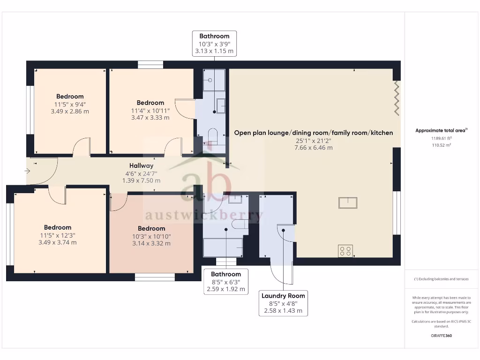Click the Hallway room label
(141, 165)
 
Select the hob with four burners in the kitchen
(345, 251)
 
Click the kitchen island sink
(348, 202)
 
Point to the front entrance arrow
(27, 171)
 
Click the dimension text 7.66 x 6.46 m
(314, 148)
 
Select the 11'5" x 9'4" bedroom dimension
(70, 105)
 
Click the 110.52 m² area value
(442, 145)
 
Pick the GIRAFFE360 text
(442, 336)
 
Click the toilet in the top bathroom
(212, 136)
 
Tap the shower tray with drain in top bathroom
(214, 80)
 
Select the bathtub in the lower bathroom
(223, 247)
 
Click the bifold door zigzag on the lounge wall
(397, 98)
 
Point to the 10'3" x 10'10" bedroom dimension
(151, 236)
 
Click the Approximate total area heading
(442, 130)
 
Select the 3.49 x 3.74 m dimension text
(58, 242)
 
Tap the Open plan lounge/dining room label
(314, 133)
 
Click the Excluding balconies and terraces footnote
(442, 279)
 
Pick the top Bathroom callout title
(214, 36)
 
